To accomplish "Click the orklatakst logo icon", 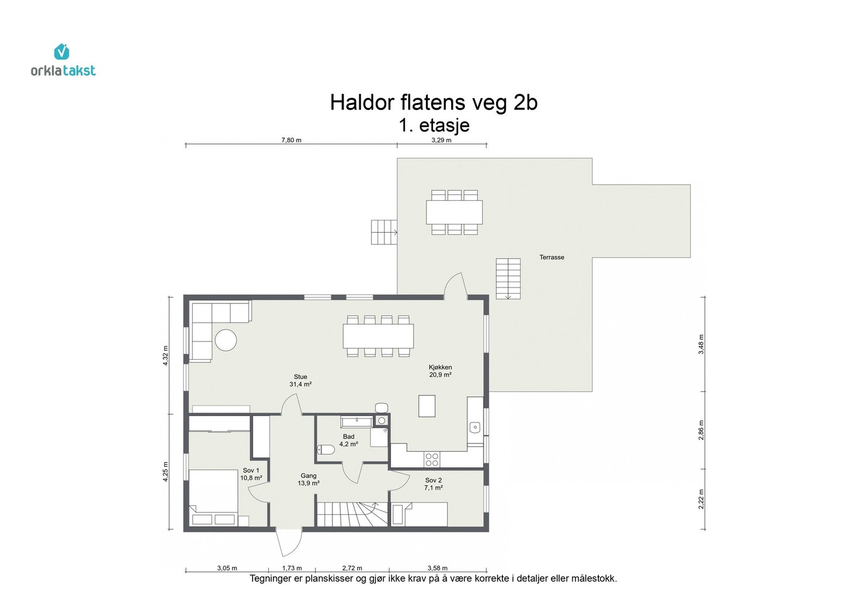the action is point(62,51).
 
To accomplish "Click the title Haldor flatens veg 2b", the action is point(433,103).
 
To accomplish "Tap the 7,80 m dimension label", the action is point(291,140).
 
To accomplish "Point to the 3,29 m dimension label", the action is point(441,140).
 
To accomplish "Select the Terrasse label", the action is point(552,257).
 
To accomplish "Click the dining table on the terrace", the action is point(455,212).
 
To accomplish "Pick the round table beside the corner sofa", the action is point(225,340).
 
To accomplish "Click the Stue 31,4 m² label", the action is point(300,381).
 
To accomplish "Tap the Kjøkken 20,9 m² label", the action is point(440,371).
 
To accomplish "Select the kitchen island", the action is point(427,406).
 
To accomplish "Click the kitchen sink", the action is point(475,427).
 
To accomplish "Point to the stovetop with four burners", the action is point(431,460).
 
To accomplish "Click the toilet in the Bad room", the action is point(326,449).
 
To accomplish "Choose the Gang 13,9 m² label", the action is point(308,480).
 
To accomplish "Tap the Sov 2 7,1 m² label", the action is point(433,484).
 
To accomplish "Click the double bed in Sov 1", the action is point(213,497).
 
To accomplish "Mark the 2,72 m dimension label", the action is point(352,568).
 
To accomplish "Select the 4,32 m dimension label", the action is point(165,355).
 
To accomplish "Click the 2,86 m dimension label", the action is point(701,430).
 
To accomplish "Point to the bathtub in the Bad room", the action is point(357,422).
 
